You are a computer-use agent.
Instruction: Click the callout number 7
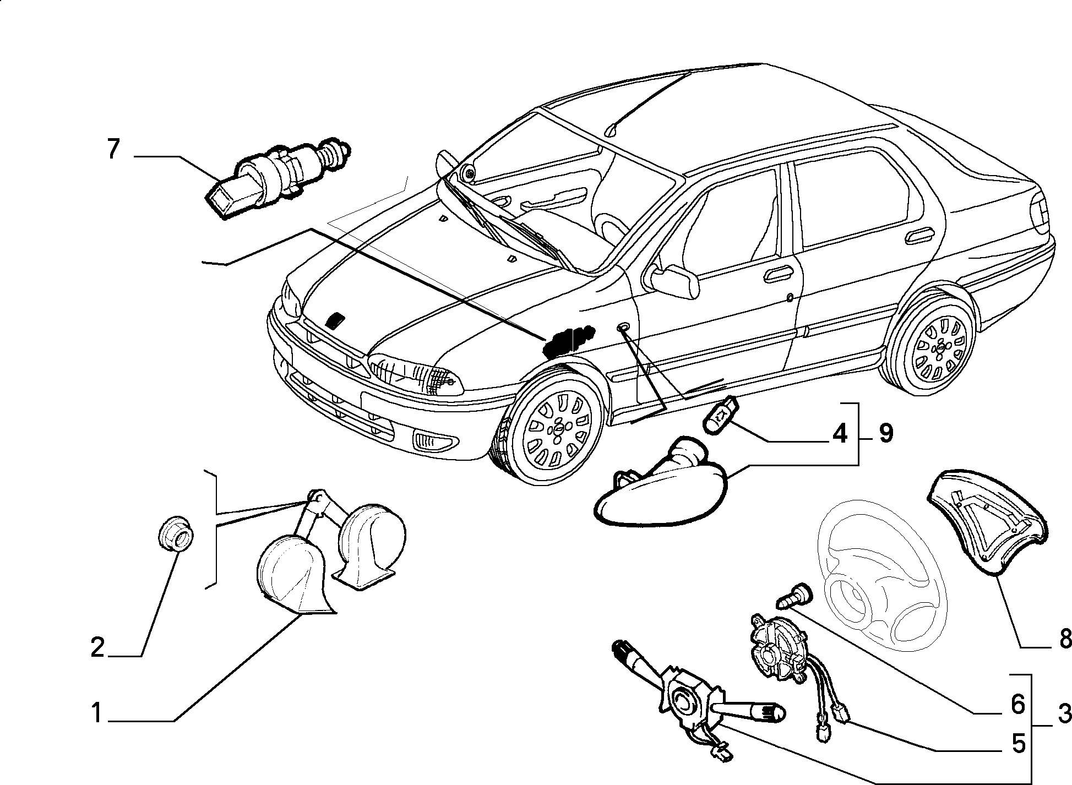[113, 149]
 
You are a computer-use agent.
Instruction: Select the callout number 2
[97, 647]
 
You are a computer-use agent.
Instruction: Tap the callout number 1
[97, 713]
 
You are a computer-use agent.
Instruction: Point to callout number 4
[839, 435]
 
